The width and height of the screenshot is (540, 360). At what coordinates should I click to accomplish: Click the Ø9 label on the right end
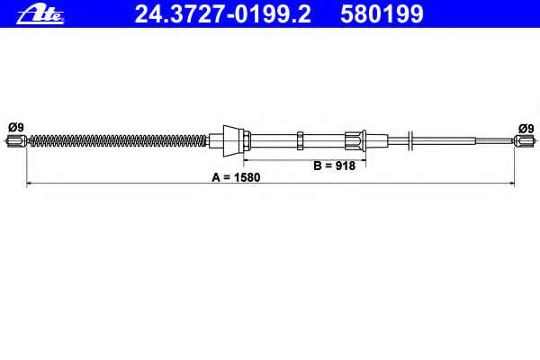(x=525, y=128)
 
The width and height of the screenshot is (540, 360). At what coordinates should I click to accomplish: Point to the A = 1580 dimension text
(x=235, y=177)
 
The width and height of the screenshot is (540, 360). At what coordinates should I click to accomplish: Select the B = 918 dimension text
(x=334, y=166)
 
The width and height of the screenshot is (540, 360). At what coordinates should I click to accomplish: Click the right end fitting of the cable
(x=521, y=139)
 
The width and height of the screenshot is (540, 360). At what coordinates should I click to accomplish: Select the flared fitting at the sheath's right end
(x=354, y=139)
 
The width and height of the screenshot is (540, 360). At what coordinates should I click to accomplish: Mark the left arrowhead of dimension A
(x=29, y=184)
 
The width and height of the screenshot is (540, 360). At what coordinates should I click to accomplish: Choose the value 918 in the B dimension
(x=345, y=166)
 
